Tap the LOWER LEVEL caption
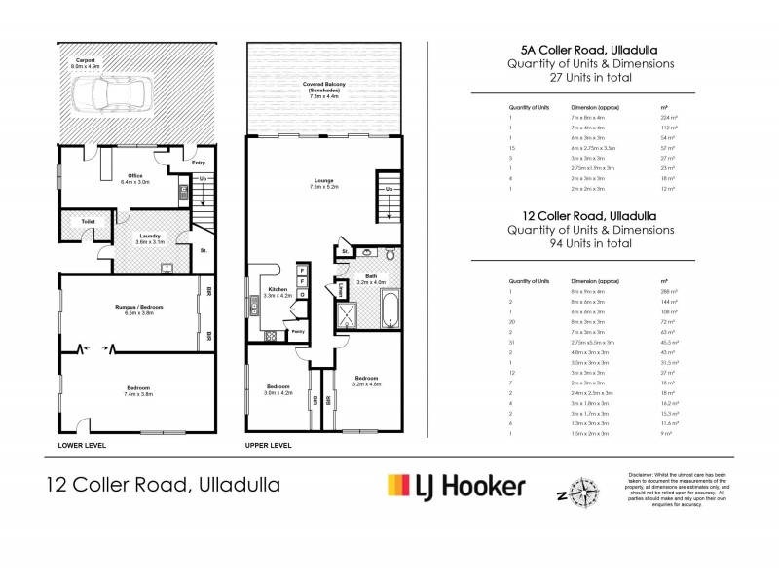point(81,445)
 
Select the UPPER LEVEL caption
point(268,445)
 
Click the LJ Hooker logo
point(456,484)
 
